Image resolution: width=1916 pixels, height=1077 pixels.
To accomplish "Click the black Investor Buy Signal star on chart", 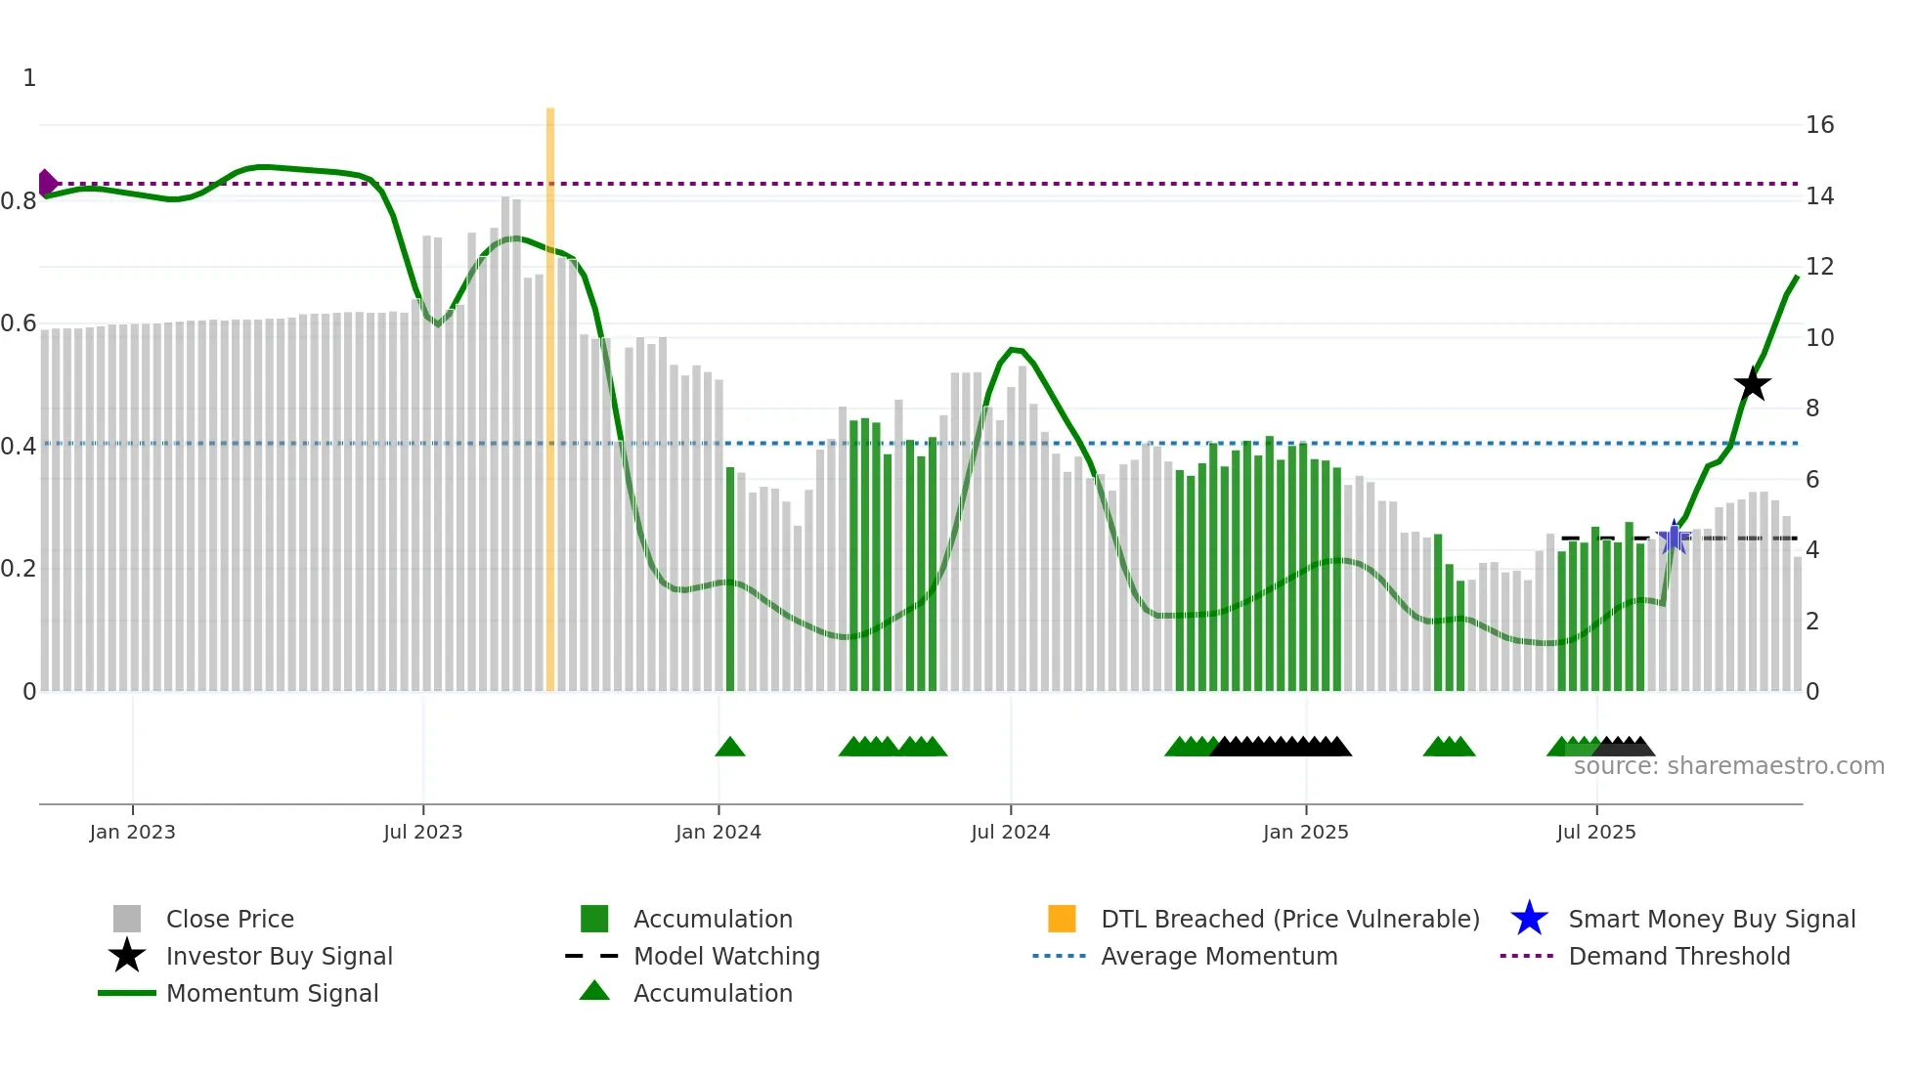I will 1752,384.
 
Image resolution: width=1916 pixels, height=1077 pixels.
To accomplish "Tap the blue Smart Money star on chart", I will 1674,538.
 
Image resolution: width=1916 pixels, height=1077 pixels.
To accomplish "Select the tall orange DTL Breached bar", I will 550,391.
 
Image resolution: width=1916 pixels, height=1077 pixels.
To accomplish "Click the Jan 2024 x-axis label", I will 718,833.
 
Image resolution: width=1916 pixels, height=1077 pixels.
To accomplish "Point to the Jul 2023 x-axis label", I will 422,833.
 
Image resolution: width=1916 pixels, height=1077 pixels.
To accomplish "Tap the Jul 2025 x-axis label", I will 1595,833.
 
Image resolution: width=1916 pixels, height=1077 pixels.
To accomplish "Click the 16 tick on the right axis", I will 1819,125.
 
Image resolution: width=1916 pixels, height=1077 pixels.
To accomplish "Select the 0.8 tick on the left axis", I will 19,201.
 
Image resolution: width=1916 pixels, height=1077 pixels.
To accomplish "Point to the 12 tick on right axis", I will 1819,267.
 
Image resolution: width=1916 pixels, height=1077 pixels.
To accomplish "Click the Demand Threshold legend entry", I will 1678,957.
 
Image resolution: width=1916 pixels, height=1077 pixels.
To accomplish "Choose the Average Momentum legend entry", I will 1218,957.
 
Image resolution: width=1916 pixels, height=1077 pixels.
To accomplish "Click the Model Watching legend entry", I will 726,957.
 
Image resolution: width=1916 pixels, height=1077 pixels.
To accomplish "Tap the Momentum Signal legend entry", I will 272,994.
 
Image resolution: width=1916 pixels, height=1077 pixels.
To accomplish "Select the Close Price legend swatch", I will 127,920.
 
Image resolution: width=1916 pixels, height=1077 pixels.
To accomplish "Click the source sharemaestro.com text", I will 1728,766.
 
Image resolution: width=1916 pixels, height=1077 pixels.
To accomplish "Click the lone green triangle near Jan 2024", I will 730,748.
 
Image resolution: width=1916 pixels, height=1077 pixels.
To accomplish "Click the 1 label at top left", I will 29,78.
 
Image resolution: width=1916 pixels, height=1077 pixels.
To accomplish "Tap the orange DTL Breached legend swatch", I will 1062,920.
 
